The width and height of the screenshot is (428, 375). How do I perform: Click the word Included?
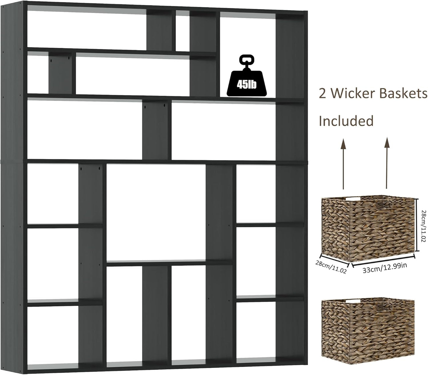(346, 121)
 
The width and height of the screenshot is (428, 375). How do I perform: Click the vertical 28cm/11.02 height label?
(423, 226)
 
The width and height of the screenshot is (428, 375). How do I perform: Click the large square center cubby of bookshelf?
(156, 212)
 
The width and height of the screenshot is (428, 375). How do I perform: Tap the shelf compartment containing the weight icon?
(248, 56)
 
